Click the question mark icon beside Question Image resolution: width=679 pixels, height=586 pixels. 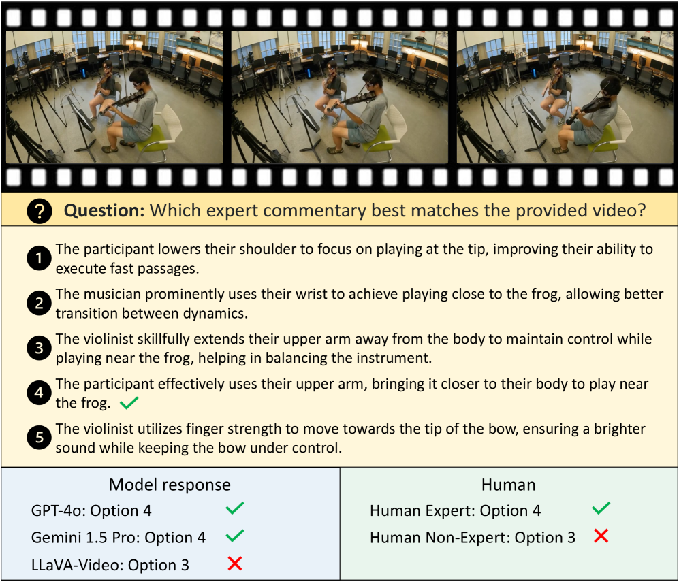tap(40, 211)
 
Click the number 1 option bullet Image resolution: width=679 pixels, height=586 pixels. tap(39, 259)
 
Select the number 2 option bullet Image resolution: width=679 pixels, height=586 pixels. tap(39, 303)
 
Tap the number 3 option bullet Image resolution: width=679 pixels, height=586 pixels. tap(39, 348)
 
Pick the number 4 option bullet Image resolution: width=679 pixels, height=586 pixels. tap(39, 393)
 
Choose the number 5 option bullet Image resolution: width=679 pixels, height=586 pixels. tap(39, 438)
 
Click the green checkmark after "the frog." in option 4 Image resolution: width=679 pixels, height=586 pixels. tap(129, 402)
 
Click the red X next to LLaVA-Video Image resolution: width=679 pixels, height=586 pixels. tap(235, 564)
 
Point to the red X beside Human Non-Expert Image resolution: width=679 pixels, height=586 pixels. tap(601, 536)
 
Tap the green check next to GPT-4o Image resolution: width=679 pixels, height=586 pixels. tap(235, 508)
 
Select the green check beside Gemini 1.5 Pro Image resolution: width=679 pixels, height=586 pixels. tap(235, 536)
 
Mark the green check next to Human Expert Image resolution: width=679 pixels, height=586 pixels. tap(601, 508)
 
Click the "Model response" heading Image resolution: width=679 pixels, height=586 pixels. tap(170, 485)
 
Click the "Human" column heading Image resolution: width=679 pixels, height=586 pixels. tap(508, 485)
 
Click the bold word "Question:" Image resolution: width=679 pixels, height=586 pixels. tap(104, 211)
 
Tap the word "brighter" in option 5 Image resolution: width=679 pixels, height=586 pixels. tap(620, 429)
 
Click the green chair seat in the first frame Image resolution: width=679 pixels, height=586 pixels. tap(153, 137)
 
